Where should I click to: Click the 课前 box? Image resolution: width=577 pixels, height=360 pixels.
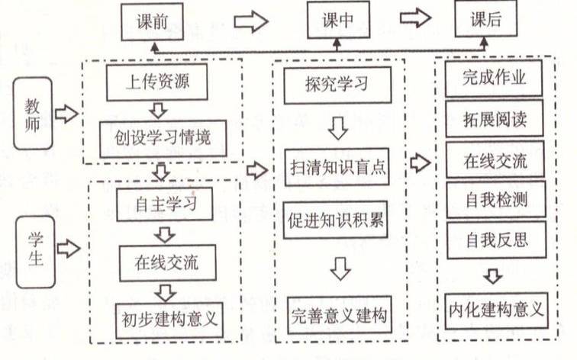pos(154,21)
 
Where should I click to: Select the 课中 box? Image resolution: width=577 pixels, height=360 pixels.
pos(338,21)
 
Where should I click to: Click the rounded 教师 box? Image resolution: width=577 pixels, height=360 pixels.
pos(33,114)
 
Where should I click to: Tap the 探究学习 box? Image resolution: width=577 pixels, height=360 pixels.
pos(337,85)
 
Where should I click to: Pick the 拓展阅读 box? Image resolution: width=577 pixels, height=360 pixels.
pos(494,119)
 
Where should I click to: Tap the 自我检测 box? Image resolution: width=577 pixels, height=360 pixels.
pos(495,200)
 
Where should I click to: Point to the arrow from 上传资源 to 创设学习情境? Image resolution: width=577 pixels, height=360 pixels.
pos(158,110)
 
